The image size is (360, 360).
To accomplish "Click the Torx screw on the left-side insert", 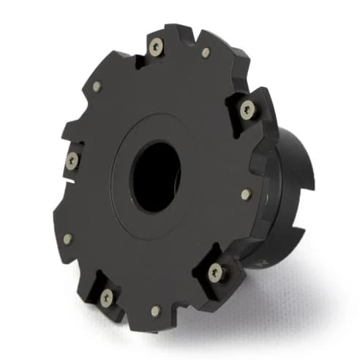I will (x=72, y=160).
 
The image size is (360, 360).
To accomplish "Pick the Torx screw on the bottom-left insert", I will (x=107, y=296).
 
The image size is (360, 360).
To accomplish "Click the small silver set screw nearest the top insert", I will (x=206, y=53).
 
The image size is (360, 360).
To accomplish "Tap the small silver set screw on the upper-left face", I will (x=96, y=86).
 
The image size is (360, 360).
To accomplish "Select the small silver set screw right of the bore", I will (x=247, y=194).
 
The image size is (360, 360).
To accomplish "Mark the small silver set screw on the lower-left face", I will (x=68, y=239).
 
